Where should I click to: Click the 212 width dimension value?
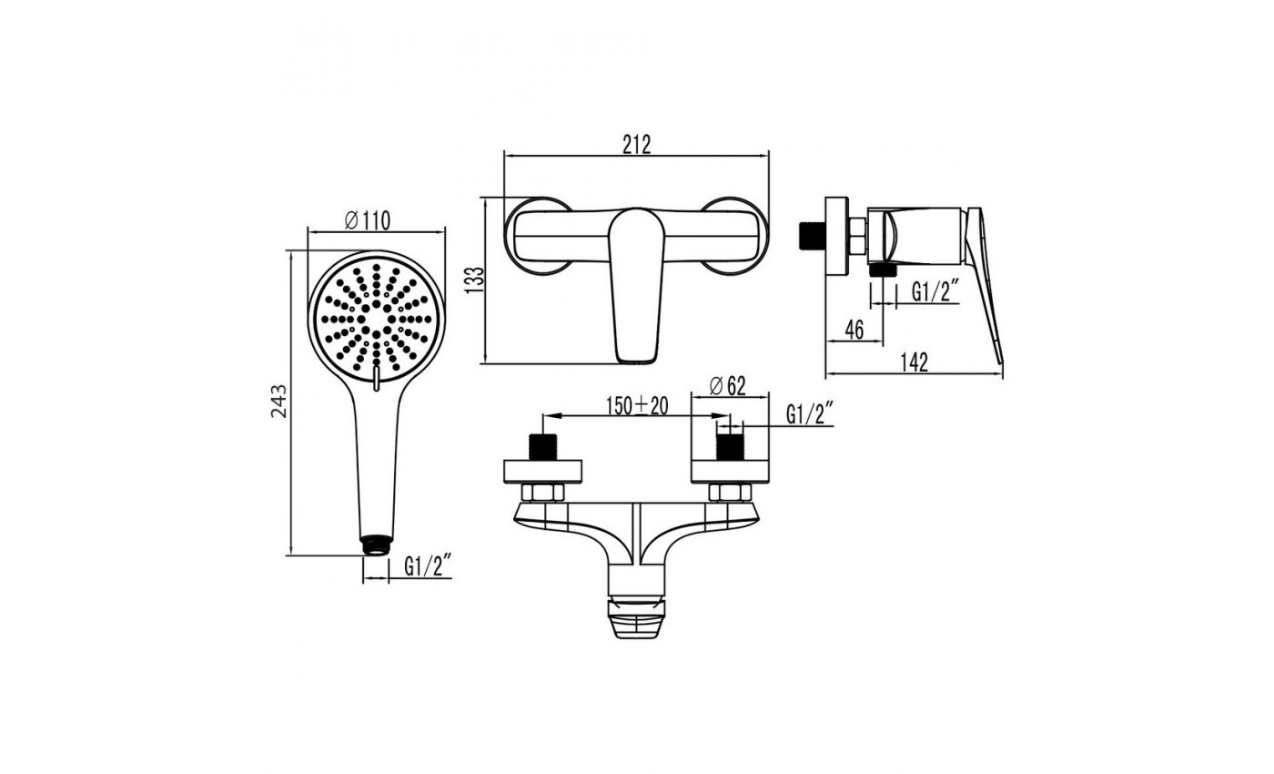(636, 145)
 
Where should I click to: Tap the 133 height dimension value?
(474, 280)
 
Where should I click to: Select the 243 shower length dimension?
(278, 402)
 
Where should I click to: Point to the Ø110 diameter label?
(368, 220)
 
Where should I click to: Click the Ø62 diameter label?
(727, 386)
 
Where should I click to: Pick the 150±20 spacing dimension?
(637, 406)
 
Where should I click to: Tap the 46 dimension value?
(854, 330)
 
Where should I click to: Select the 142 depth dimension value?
(914, 362)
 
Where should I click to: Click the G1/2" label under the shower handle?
(428, 566)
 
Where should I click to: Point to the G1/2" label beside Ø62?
(810, 413)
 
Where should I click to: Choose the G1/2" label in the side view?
(935, 291)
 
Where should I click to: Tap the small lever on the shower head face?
(375, 380)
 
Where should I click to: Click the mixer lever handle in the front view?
(636, 284)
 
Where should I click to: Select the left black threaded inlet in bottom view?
(543, 447)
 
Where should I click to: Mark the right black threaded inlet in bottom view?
(730, 447)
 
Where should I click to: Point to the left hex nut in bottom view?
(543, 493)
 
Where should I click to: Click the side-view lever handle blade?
(985, 284)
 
